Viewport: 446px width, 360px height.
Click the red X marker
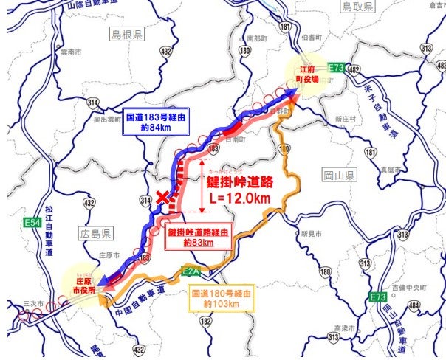tap(163, 197)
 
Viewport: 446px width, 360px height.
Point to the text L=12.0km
tap(238, 198)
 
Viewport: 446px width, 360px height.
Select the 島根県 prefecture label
tap(128, 35)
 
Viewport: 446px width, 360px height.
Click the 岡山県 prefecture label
tap(340, 176)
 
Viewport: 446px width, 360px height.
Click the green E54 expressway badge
tap(31, 221)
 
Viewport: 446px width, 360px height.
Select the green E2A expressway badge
tap(191, 271)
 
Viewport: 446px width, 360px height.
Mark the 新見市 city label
tap(309, 232)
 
